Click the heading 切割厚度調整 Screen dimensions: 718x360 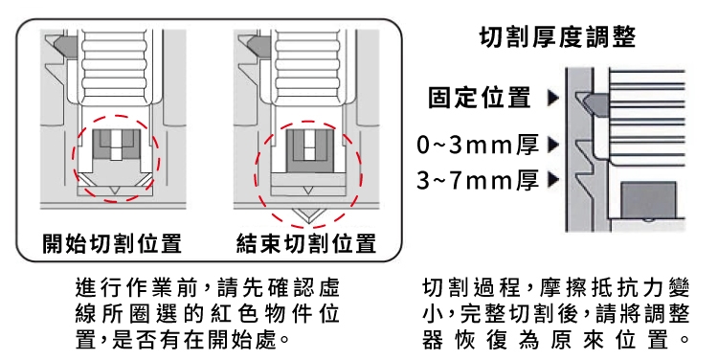coord(557,36)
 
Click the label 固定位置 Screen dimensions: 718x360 coord(480,97)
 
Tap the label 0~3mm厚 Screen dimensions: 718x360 coord(478,145)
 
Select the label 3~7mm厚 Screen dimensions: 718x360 coord(478,180)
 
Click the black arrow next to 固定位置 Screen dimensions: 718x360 coord(553,98)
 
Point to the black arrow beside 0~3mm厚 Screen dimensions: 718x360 coord(553,145)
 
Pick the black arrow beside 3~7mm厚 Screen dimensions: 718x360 coord(553,180)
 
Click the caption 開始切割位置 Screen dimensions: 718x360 coord(112,243)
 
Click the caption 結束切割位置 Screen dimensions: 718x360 coord(306,243)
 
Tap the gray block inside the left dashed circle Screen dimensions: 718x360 coord(117,144)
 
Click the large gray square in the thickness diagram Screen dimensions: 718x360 coord(648,200)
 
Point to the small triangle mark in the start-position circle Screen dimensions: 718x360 coord(116,191)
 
